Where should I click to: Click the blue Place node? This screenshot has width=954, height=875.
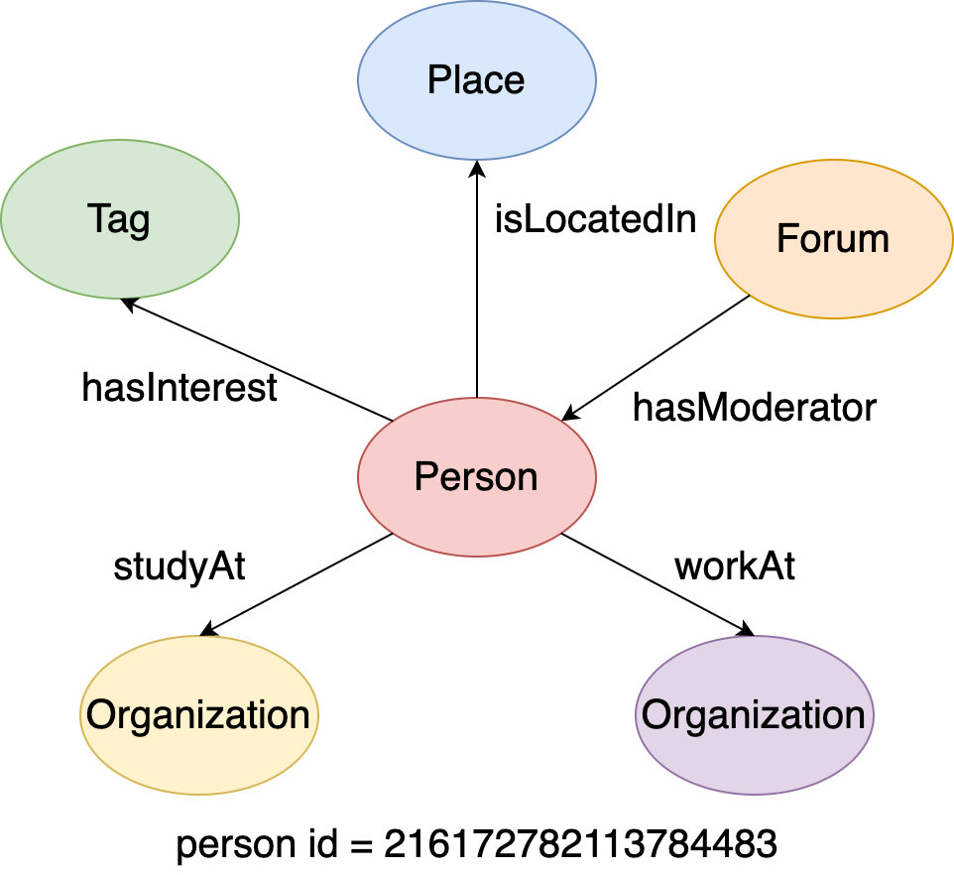point(476,80)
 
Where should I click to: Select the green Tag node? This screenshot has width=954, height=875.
point(119,219)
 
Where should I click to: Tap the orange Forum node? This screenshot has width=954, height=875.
point(833,239)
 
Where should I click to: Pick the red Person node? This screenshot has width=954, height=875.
point(476,477)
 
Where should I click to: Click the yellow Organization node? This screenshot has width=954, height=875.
point(198,714)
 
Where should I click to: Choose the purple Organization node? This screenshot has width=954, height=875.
point(754,714)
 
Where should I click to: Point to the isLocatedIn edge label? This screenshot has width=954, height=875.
point(595,220)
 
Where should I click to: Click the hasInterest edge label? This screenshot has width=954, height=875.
point(179,388)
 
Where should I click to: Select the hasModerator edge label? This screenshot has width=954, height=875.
point(755,407)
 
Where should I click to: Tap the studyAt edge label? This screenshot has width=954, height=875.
point(179,566)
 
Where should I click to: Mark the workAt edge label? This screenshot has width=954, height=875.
point(735,566)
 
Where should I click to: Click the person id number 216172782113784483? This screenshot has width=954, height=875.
point(580,845)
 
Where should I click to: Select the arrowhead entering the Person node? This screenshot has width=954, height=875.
point(569,416)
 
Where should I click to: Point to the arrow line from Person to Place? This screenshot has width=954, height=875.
point(477,288)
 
